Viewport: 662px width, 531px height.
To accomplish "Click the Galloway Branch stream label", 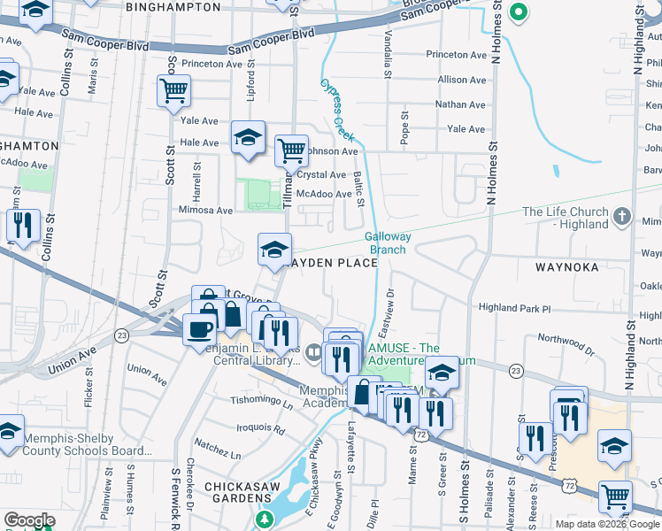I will click(386, 242).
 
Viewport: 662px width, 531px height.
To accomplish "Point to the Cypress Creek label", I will click(337, 110).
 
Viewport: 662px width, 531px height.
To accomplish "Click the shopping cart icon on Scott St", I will click(173, 89).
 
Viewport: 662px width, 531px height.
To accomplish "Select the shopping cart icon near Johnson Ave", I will click(291, 150).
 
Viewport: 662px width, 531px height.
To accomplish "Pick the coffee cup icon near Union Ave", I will click(199, 329).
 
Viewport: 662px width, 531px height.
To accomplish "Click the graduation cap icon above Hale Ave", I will click(249, 136).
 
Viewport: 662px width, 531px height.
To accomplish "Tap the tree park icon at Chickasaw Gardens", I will click(262, 519).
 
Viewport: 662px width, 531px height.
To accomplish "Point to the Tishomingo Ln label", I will click(262, 401).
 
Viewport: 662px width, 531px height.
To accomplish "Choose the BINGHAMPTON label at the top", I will click(173, 7).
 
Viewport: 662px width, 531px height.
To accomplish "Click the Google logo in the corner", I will click(28, 520).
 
